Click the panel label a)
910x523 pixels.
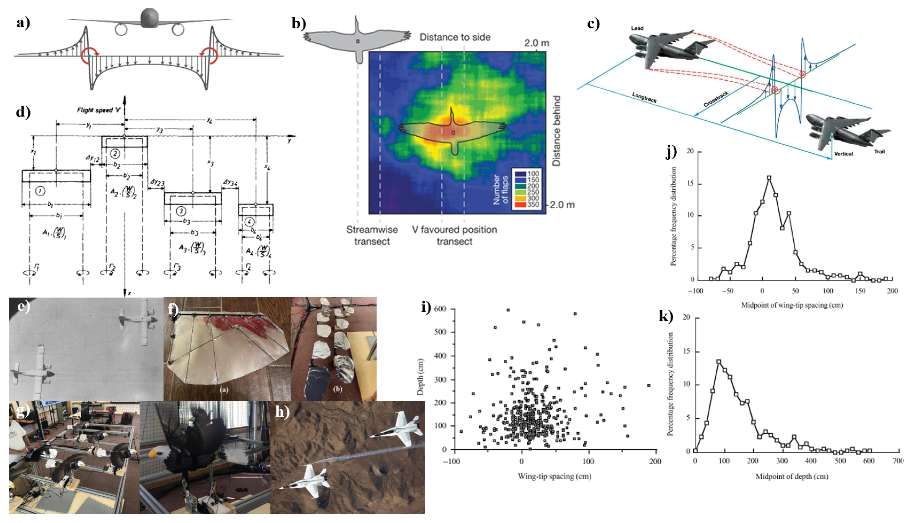(23, 23)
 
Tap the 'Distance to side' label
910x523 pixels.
(455, 37)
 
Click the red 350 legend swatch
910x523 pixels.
(520, 204)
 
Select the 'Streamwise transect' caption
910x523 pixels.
(372, 235)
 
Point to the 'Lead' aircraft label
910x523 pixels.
(637, 28)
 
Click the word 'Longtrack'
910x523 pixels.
(644, 97)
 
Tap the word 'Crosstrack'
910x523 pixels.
(716, 99)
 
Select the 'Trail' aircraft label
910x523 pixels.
(879, 152)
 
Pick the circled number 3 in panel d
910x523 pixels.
(181, 211)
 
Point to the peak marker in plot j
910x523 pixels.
(769, 177)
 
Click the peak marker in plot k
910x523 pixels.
(718, 362)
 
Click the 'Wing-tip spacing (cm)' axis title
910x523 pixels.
(554, 476)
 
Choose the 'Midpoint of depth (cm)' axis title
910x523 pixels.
(792, 476)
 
